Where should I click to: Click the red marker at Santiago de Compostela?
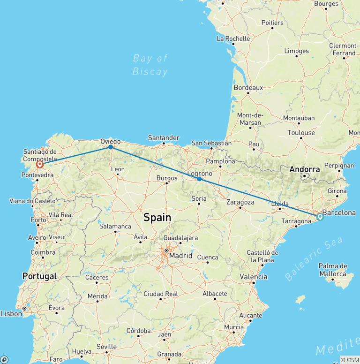(x=40, y=164)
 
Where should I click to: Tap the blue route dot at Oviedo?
(x=111, y=147)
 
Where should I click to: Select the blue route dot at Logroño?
(x=199, y=179)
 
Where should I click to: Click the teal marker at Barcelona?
(x=320, y=217)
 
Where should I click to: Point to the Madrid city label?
(x=180, y=256)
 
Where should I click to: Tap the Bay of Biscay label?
(x=150, y=65)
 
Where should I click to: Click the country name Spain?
(x=157, y=217)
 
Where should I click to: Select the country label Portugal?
(x=39, y=276)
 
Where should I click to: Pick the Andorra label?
(x=305, y=169)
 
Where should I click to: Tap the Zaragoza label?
(x=240, y=202)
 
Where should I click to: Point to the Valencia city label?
(x=253, y=277)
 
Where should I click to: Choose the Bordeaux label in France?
(x=248, y=88)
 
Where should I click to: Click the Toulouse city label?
(x=301, y=133)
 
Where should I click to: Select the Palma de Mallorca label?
(x=332, y=270)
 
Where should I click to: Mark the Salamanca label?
(x=115, y=226)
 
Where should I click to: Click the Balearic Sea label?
(x=314, y=259)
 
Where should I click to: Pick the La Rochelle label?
(x=233, y=38)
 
